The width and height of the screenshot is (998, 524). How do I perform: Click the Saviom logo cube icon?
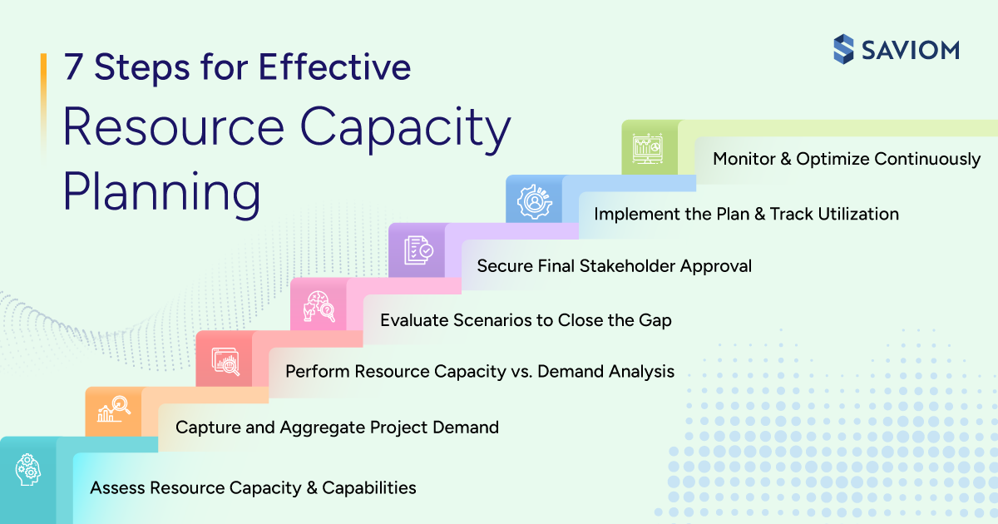point(845,48)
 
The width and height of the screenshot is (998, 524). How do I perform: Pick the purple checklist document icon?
point(417,250)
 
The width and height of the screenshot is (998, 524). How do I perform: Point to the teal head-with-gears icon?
point(27,470)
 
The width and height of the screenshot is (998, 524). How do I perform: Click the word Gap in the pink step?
point(655,319)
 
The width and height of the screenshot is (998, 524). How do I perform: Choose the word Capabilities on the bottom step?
point(368,487)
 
